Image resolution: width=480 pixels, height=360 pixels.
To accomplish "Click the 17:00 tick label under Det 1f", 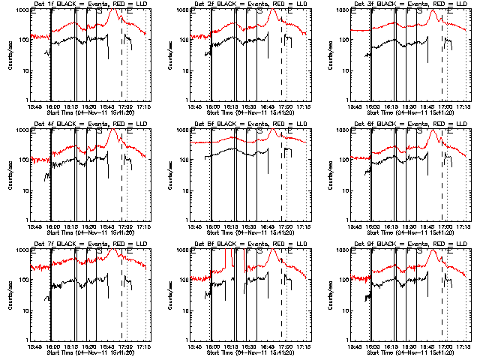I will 124,106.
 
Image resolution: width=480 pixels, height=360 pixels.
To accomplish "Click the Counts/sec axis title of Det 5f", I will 170,175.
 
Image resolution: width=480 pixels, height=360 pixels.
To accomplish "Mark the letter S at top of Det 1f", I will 97,11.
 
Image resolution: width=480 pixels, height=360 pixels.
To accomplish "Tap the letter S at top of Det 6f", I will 418,131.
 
